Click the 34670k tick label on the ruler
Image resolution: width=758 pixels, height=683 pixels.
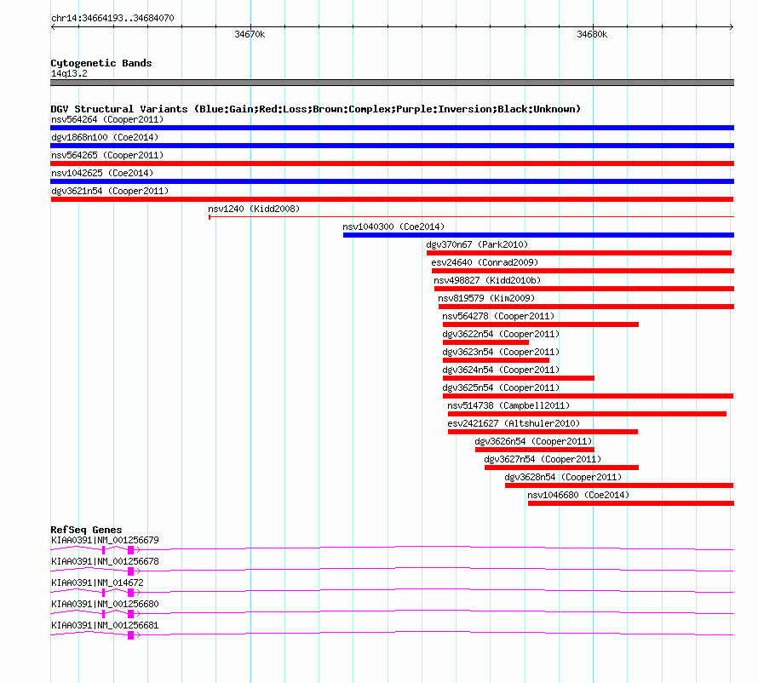pos(250,35)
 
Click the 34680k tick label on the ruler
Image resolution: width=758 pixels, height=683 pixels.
pos(592,35)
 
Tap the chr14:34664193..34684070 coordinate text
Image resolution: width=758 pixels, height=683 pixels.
pos(112,17)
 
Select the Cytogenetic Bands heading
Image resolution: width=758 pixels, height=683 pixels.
pos(101,63)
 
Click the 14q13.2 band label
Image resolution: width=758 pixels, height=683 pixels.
pos(69,73)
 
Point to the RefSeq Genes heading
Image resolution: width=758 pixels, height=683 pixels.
pos(86,530)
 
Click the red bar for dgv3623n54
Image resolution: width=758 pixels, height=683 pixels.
pos(496,360)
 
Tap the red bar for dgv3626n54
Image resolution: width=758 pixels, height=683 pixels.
pos(535,450)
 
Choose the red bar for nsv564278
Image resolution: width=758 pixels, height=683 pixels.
pos(540,324)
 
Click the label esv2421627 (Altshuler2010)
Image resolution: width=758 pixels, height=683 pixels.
pos(514,423)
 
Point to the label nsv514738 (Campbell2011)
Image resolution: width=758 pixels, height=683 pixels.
pos(508,405)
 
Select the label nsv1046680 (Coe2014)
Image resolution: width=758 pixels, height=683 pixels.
pos(578,495)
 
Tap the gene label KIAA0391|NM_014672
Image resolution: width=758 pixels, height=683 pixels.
pos(98,583)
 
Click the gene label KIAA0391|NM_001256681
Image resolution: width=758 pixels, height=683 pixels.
pos(105,625)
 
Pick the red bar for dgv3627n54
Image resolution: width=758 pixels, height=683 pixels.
pos(561,468)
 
